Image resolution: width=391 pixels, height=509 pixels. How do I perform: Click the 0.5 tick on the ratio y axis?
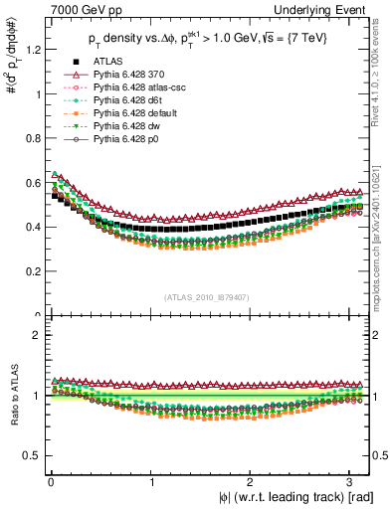pyautogui.click(x=30, y=455)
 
